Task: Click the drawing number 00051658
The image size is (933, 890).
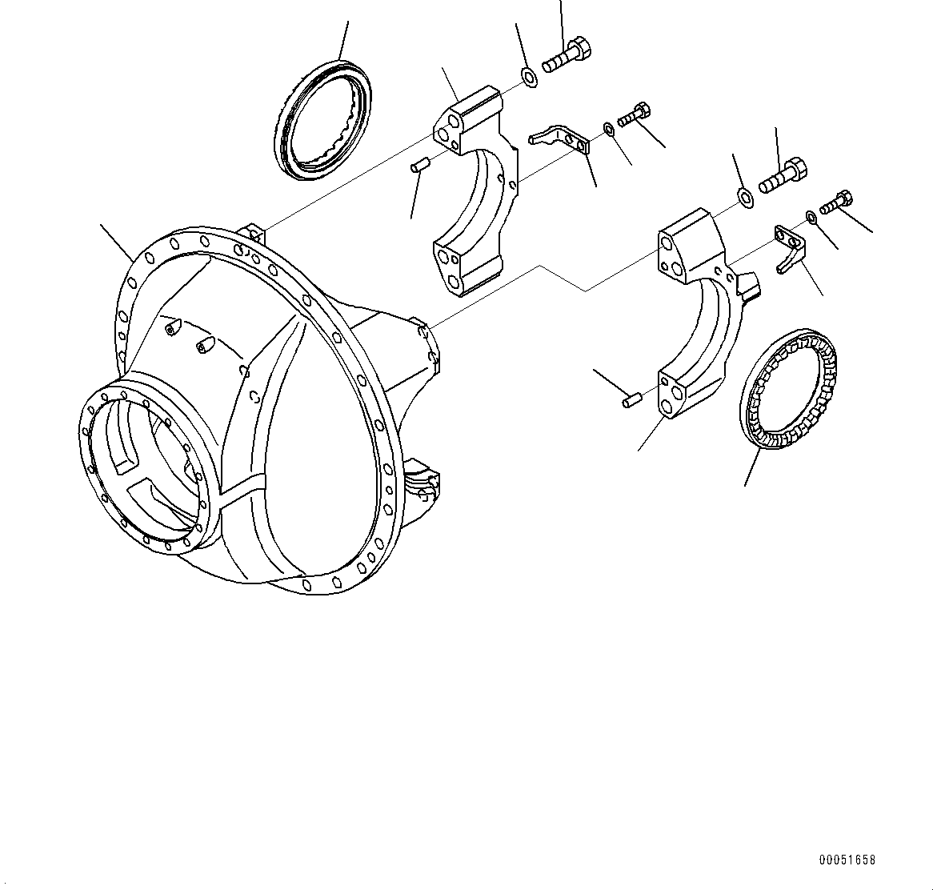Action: [x=847, y=860]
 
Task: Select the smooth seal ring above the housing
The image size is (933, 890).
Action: [x=323, y=119]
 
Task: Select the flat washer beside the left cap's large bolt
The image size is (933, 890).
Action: [x=529, y=78]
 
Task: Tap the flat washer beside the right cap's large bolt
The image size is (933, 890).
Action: [x=744, y=197]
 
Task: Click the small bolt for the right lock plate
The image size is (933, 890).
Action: [x=836, y=201]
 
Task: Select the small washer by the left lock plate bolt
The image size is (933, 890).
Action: [x=609, y=128]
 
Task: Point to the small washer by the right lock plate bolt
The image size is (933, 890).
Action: [x=811, y=216]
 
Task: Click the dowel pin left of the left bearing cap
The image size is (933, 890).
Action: [x=421, y=166]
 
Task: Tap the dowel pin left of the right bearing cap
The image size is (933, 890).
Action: [x=631, y=398]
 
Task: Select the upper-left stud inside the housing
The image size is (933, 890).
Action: [x=171, y=328]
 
